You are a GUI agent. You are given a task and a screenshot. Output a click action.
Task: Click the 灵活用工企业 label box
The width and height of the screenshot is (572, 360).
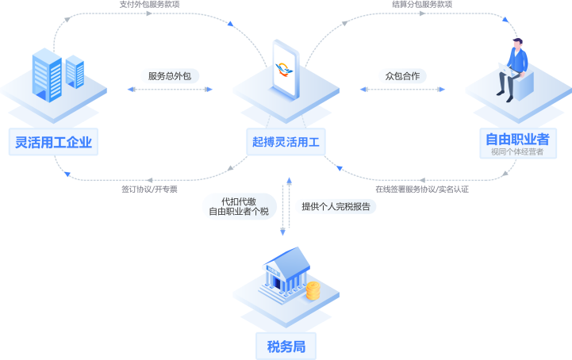(54, 142)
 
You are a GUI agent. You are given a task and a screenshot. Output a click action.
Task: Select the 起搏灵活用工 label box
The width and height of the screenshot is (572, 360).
(286, 142)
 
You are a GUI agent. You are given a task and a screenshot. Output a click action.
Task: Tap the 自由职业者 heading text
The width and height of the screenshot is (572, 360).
(517, 140)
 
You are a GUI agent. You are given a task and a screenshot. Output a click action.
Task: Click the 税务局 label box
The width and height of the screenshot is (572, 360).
(286, 347)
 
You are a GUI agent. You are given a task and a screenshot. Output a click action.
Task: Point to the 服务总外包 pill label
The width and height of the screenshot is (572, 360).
(170, 76)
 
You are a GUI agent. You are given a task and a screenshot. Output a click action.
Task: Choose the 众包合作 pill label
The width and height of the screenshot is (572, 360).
(402, 76)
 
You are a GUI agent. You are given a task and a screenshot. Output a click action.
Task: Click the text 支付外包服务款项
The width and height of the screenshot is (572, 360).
(150, 5)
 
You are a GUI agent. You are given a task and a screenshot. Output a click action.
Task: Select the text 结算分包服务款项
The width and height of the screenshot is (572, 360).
(422, 5)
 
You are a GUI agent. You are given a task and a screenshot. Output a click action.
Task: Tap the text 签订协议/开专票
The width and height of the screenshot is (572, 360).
(150, 189)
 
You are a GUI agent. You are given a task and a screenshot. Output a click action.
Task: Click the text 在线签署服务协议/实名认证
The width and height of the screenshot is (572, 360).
(422, 189)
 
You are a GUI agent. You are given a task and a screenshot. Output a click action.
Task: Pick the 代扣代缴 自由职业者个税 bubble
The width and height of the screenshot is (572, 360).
(239, 206)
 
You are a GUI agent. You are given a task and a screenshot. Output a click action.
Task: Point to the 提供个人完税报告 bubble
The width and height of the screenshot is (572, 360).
(336, 206)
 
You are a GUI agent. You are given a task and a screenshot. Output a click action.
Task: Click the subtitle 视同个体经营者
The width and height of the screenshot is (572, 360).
(517, 151)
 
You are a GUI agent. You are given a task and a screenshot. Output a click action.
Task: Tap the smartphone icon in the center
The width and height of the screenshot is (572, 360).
(286, 69)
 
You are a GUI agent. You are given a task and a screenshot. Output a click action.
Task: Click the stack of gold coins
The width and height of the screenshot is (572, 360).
(313, 291)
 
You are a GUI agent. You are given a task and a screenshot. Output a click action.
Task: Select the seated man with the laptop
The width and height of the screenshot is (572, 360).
(512, 70)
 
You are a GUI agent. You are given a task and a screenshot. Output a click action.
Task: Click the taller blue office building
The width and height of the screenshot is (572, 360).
(47, 75)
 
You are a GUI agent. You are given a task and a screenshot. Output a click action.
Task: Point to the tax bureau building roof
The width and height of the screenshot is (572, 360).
(288, 260)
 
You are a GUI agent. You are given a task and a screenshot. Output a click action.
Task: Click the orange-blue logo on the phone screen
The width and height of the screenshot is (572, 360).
(284, 69)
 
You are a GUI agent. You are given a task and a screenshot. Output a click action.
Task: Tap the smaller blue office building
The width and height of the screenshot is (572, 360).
(75, 71)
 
